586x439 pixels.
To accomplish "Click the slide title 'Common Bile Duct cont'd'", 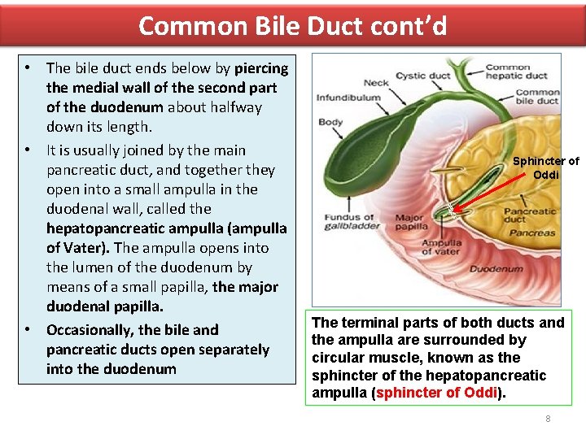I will (x=292, y=26).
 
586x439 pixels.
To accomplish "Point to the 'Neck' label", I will (x=376, y=82).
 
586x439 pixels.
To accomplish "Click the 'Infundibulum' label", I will (x=348, y=98).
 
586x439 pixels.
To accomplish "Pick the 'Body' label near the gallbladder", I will (x=330, y=123).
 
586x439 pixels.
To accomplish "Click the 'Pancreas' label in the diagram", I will (x=531, y=233).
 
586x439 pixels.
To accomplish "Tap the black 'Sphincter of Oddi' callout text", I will (x=545, y=167).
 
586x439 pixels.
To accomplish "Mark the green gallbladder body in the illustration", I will (x=358, y=150).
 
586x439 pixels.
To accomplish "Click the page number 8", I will (x=548, y=419).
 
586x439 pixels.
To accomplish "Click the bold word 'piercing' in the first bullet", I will (x=261, y=67).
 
